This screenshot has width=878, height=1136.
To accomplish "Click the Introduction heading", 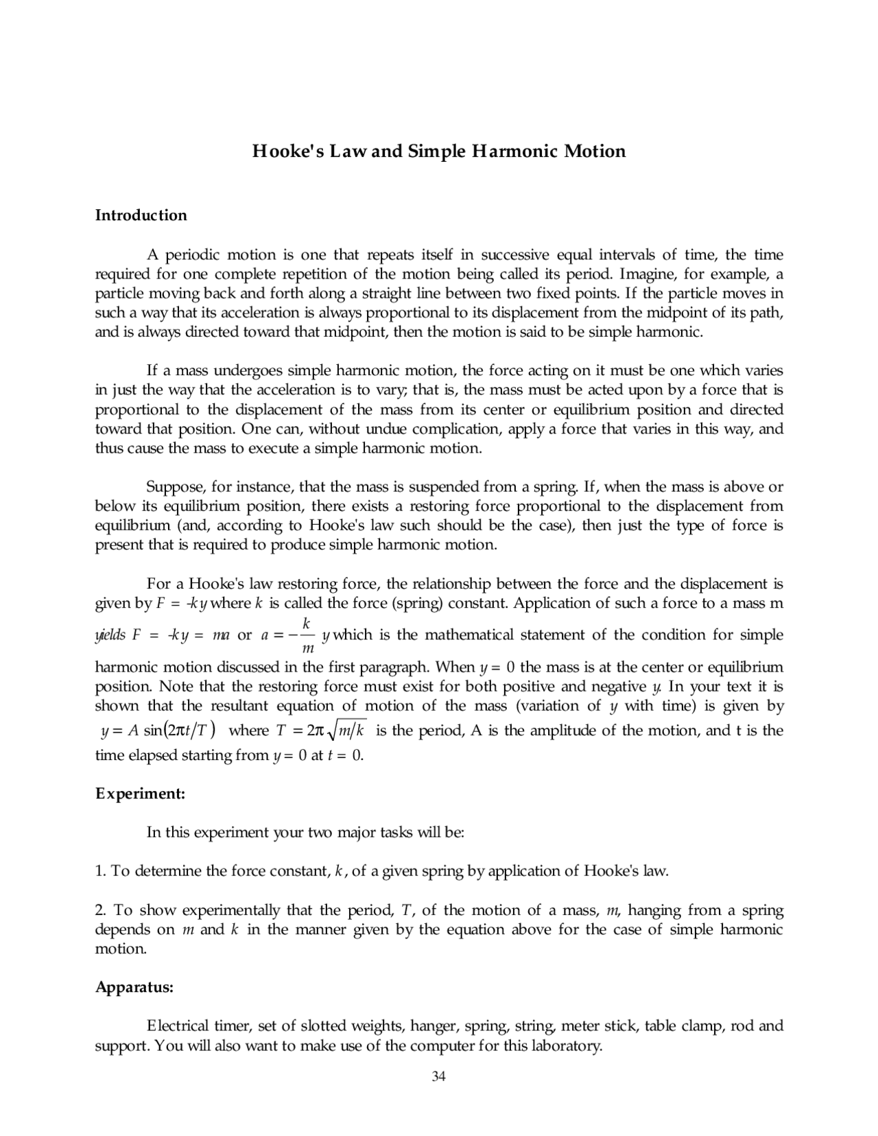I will (x=141, y=215).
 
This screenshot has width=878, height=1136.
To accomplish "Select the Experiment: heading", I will (x=141, y=794).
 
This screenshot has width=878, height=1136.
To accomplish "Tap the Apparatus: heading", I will (x=134, y=987).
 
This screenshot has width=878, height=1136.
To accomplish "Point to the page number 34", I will (x=439, y=1076).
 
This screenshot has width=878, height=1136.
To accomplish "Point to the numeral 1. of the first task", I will (x=100, y=871).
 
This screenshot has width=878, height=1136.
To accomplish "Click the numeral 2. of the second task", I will (x=100, y=910).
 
